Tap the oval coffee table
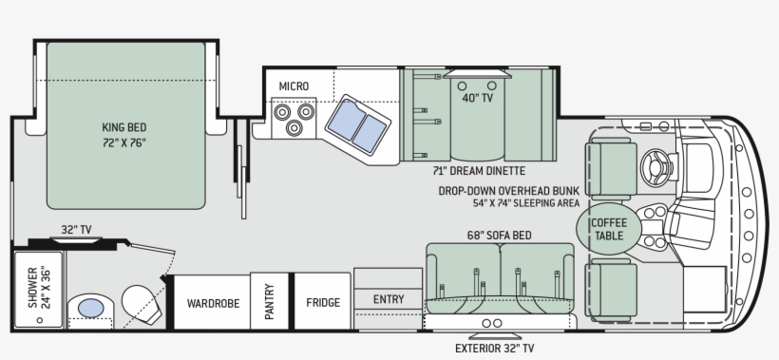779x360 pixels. (x=609, y=229)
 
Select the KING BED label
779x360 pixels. (x=124, y=127)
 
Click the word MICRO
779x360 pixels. (x=294, y=86)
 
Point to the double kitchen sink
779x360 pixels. (x=358, y=125)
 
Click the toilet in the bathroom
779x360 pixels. (x=142, y=305)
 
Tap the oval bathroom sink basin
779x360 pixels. (x=91, y=309)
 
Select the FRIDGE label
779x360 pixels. (x=323, y=302)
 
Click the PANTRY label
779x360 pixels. (x=269, y=301)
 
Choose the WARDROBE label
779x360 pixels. (x=213, y=303)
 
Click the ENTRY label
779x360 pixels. (x=389, y=299)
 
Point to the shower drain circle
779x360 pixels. (x=40, y=320)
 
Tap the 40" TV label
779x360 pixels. (x=478, y=98)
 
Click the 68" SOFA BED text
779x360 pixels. (x=499, y=235)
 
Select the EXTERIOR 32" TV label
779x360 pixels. (x=494, y=348)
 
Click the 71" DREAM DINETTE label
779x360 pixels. (x=479, y=171)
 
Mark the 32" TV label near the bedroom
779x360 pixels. (x=76, y=230)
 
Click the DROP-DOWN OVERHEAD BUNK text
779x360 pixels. (x=509, y=191)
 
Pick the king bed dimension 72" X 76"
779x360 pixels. (x=124, y=143)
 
